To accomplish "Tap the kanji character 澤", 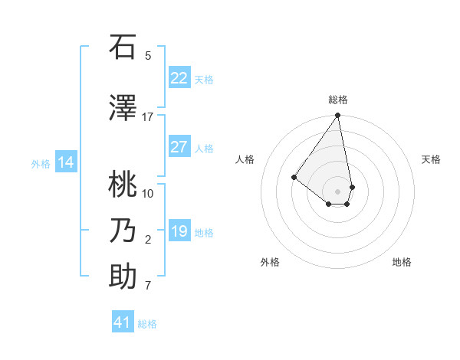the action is coord(123,109).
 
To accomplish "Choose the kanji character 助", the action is coord(123,277).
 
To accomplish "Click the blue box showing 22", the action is coord(179,78).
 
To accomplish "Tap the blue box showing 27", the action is coord(179,147).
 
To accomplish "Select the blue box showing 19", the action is coord(179,231).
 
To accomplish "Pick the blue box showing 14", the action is coord(66,162).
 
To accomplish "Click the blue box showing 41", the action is coord(123,322).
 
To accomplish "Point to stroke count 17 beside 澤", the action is coord(147,117).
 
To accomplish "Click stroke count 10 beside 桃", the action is coord(148,193).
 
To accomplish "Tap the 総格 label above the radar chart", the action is coord(337,100).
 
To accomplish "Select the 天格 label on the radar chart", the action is coord(431,159).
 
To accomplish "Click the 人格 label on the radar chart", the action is coord(245,159).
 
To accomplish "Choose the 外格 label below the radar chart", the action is coord(270,262).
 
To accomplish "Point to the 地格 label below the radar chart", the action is coord(402,262).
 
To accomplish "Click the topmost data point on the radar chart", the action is coord(337,116).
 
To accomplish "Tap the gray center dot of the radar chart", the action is coord(337,191).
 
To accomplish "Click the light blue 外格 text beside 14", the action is coord(41,163).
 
